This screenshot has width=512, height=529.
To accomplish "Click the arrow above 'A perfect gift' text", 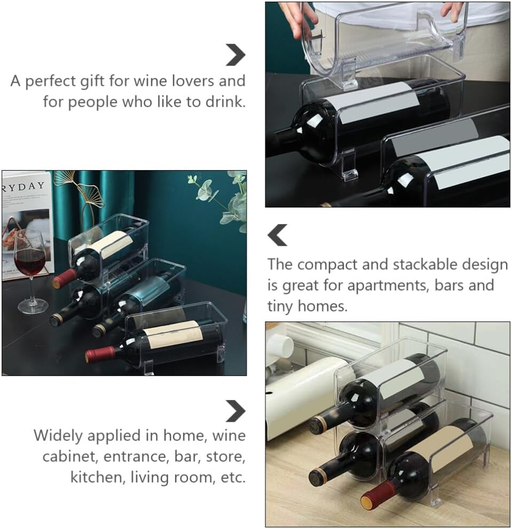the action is (x=235, y=54).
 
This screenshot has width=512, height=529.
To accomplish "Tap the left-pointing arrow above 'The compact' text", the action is (x=277, y=235).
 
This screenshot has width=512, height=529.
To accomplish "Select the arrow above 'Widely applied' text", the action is (x=235, y=411).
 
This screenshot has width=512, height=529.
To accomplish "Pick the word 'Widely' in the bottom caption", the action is (x=58, y=436).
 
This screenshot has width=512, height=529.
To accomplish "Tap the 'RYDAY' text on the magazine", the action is (x=23, y=187).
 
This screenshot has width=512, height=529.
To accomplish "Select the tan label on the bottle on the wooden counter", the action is (x=443, y=448).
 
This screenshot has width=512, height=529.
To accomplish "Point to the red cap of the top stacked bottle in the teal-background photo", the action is (x=65, y=278).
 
